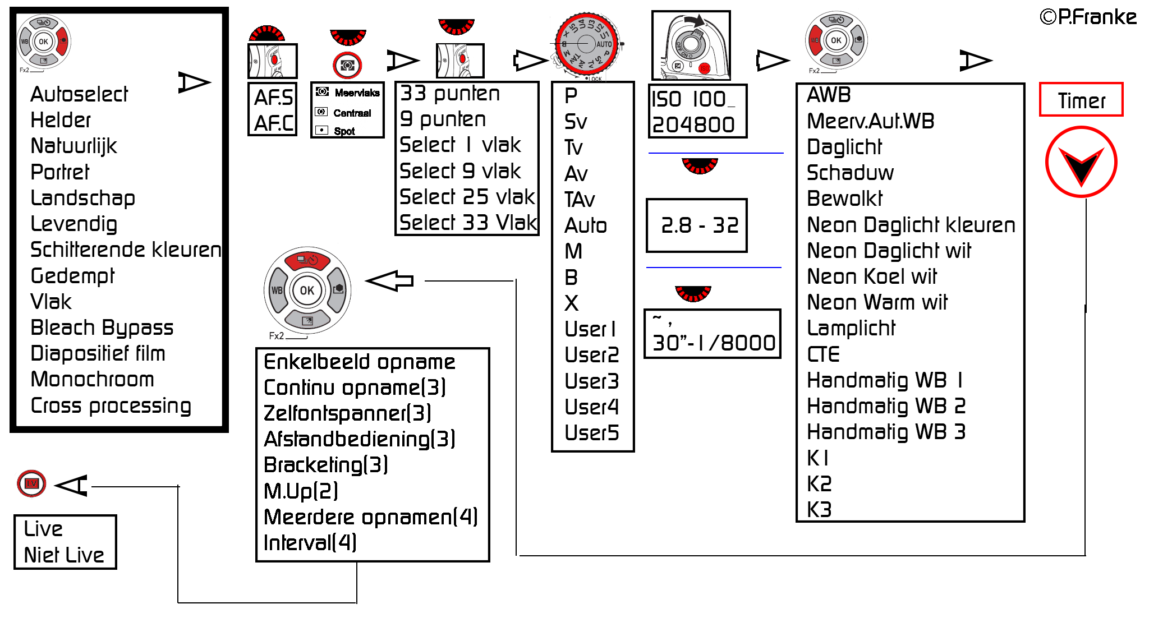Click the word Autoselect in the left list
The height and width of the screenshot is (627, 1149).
(79, 94)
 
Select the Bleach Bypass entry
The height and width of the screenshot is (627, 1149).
(102, 328)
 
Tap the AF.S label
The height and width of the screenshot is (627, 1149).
(273, 98)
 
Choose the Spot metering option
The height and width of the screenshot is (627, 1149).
(344, 131)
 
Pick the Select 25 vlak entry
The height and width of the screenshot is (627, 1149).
(467, 197)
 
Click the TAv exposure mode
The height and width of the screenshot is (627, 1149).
(580, 200)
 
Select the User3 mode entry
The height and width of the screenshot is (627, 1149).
(591, 381)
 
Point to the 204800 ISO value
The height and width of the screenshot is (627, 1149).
(693, 125)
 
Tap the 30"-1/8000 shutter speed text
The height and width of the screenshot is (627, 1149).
(714, 343)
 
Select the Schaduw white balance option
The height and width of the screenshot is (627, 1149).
(850, 173)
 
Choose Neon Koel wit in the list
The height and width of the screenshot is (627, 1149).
(872, 276)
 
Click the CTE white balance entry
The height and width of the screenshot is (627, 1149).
(823, 354)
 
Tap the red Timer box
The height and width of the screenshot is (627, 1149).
(1081, 100)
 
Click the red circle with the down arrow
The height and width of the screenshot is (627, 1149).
(1081, 163)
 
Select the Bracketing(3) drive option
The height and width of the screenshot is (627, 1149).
(325, 465)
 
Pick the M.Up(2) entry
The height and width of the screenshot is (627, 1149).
(301, 491)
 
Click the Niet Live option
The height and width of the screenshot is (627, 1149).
(64, 555)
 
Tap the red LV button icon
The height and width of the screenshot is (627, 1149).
(31, 483)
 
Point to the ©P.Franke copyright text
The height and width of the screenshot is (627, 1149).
(1088, 17)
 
